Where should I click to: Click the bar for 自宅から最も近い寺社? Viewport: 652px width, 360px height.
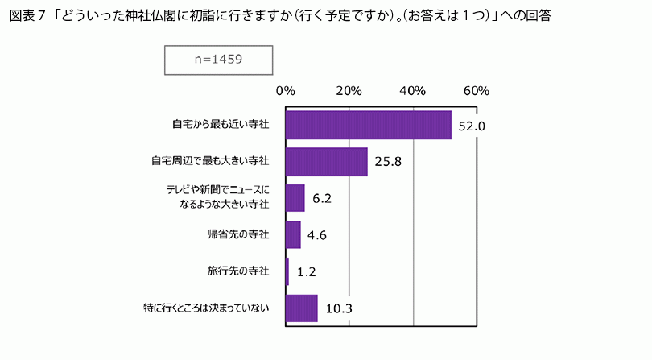point(368,125)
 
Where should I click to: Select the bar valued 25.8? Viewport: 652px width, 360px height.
point(326,161)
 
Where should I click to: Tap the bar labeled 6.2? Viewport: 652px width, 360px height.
point(295,198)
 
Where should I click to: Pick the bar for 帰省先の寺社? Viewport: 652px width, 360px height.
point(293,234)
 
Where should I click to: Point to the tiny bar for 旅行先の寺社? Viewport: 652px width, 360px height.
point(287,271)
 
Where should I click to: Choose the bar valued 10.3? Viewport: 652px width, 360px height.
point(302,308)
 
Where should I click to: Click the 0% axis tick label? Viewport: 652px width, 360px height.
point(285,90)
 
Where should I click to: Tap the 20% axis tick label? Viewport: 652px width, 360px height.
point(349,90)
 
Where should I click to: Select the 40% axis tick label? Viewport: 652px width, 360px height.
point(412,90)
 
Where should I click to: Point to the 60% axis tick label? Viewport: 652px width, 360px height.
point(476,90)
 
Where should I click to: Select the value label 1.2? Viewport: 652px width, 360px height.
point(306,272)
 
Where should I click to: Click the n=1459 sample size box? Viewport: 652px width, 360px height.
point(218,59)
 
